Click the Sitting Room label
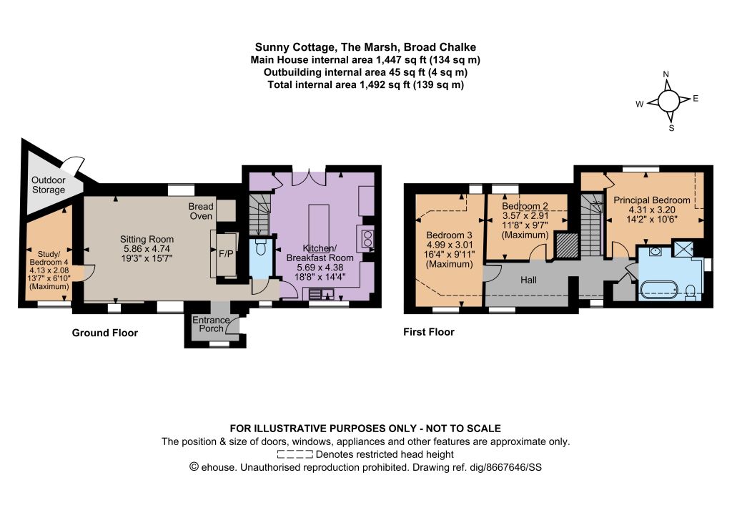tap(147, 239)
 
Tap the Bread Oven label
tap(201, 211)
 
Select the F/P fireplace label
tap(226, 254)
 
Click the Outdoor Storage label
tap(49, 185)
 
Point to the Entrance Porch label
tap(211, 324)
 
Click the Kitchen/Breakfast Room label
tap(320, 253)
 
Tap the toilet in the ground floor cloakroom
tap(261, 247)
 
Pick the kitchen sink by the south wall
tap(322, 294)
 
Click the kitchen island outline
tap(319, 226)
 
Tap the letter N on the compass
tap(666, 74)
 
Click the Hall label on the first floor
tap(528, 280)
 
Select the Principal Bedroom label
tap(652, 200)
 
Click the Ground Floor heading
tap(104, 333)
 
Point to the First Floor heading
tap(429, 332)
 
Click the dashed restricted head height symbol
tap(295, 454)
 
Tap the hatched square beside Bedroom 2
tap(567, 245)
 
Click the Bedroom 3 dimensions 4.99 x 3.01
tap(450, 245)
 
